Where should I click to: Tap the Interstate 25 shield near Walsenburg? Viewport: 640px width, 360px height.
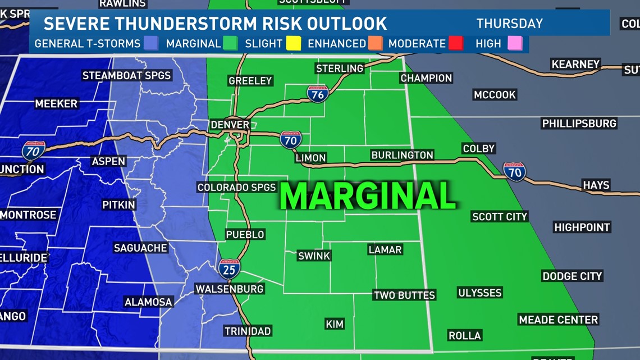coord(229,269)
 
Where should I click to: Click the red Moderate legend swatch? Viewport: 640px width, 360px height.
coord(455,43)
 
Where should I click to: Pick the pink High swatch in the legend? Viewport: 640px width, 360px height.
coord(515,43)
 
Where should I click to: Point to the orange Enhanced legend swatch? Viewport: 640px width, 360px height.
coord(376,43)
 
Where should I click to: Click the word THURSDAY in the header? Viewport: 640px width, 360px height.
coord(509,24)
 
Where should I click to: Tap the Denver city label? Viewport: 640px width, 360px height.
coord(230,125)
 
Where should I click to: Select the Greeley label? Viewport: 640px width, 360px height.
coord(250,81)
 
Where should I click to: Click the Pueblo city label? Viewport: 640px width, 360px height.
coord(245,234)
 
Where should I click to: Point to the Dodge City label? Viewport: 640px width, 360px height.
coord(572,276)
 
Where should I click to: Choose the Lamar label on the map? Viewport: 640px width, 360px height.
coord(385,249)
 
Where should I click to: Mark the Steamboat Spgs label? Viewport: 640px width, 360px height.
coord(126,75)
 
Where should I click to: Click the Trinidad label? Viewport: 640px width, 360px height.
coord(248,331)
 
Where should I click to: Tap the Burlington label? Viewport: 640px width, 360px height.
coord(402,155)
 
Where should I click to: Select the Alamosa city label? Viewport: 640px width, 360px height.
coord(148,302)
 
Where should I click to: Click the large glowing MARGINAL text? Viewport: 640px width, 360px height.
coord(368,196)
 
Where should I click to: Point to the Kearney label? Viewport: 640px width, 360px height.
coord(575,64)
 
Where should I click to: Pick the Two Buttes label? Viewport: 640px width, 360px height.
coord(404,295)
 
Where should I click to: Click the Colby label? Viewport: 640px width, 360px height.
coord(478,148)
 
